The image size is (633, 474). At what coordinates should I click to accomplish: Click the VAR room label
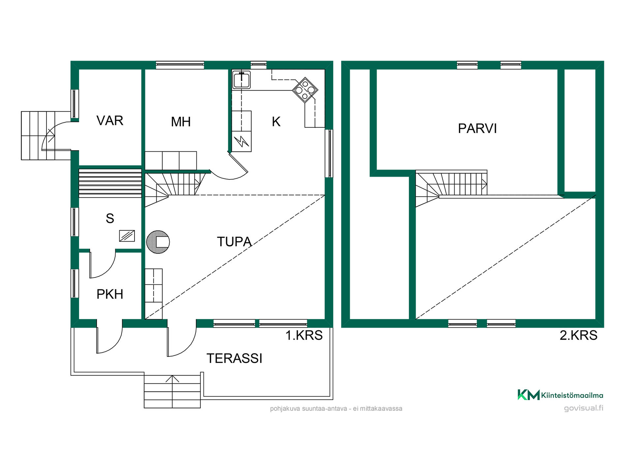[x=110, y=121]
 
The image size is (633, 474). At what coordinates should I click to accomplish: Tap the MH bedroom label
[x=181, y=122]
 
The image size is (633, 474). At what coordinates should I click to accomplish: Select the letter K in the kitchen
[x=276, y=122]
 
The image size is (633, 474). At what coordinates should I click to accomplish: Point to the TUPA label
[x=234, y=242]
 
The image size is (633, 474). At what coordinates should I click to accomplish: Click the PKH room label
[x=110, y=294]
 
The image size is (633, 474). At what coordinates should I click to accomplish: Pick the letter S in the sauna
[x=110, y=219]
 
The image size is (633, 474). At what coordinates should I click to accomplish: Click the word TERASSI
[x=234, y=358]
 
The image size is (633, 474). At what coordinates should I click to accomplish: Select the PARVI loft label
[x=477, y=128]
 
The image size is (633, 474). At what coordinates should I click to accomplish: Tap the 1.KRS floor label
[x=304, y=335]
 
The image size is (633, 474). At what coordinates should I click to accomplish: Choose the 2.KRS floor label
[x=578, y=335]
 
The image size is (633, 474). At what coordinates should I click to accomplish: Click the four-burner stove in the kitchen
[x=305, y=90]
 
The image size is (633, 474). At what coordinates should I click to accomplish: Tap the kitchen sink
[x=241, y=80]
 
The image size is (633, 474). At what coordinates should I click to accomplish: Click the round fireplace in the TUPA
[x=158, y=242]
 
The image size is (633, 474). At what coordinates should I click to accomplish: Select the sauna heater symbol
[x=127, y=236]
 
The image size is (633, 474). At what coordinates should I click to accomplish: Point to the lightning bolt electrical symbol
[x=242, y=142]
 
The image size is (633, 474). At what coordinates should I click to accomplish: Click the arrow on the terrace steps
[x=172, y=379]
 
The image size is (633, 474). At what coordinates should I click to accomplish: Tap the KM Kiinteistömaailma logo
[x=560, y=395]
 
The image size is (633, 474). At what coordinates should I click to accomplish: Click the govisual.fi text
[x=584, y=408]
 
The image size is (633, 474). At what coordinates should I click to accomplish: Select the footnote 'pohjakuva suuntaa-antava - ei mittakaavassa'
[x=336, y=408]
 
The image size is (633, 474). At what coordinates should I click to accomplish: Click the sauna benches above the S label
[x=110, y=183]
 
